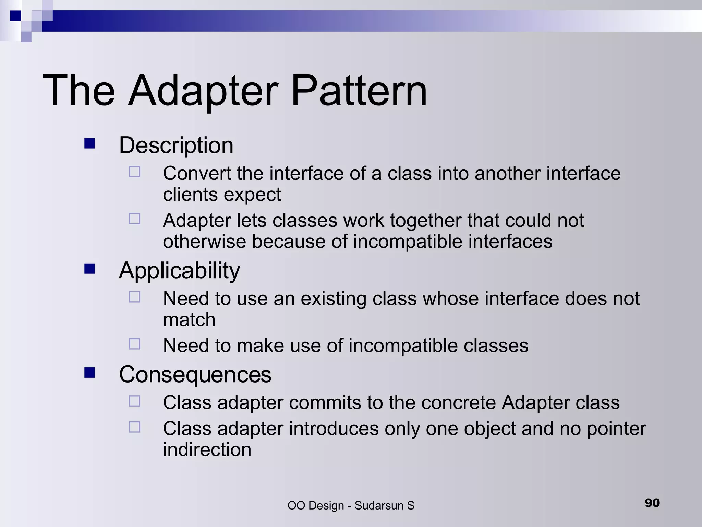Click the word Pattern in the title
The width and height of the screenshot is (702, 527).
pyautogui.click(x=359, y=91)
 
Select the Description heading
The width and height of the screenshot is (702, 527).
pyautogui.click(x=176, y=145)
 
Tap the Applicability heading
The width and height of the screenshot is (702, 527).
pyautogui.click(x=179, y=271)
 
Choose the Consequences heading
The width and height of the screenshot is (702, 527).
pyautogui.click(x=195, y=374)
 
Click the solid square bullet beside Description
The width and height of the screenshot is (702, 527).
pyautogui.click(x=89, y=143)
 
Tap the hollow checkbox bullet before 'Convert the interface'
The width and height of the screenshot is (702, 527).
pyautogui.click(x=134, y=172)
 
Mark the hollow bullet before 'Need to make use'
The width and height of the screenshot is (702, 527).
pyautogui.click(x=134, y=344)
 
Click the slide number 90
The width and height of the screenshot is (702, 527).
pyautogui.click(x=652, y=503)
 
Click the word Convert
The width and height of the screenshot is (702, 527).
pyautogui.click(x=197, y=173)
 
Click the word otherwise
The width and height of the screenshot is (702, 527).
pyautogui.click(x=204, y=242)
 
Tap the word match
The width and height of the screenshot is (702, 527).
pyautogui.click(x=189, y=320)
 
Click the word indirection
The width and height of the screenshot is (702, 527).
pyautogui.click(x=207, y=450)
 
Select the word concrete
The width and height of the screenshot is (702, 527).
pyautogui.click(x=458, y=402)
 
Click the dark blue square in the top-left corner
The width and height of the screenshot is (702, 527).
pyautogui.click(x=15, y=16)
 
